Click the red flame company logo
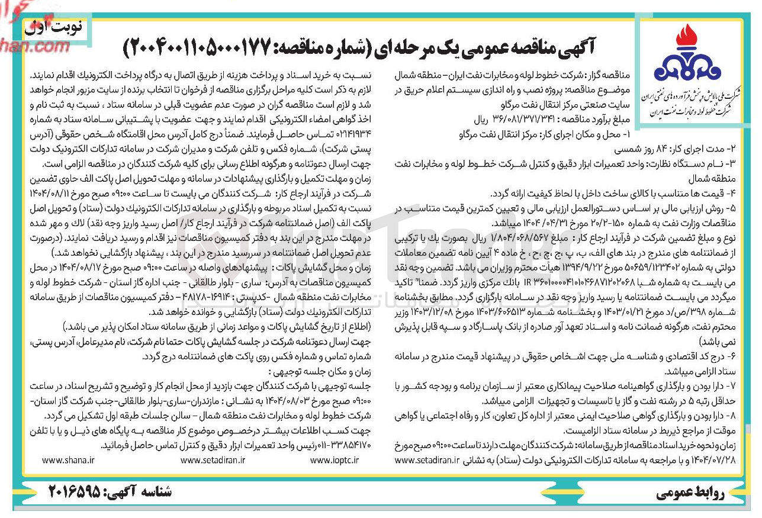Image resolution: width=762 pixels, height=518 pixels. (x=687, y=56)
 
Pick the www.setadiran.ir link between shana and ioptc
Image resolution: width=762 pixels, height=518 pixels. (x=213, y=460)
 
